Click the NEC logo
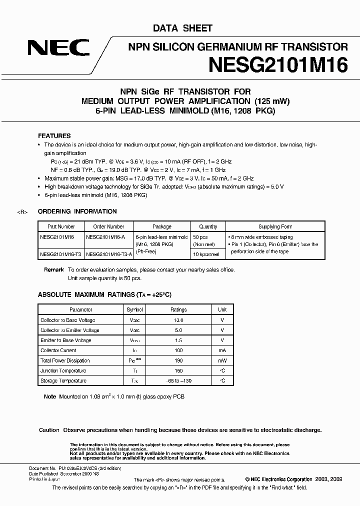[59, 48]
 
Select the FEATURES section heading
[54, 136]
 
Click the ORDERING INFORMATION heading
[77, 211]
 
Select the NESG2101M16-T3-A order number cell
[109, 254]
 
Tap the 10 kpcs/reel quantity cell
[205, 254]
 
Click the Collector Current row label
[58, 350]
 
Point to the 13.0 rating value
[178, 320]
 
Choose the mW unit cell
[222, 360]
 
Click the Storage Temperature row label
[63, 381]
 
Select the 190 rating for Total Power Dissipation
[178, 360]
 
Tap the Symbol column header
[134, 310]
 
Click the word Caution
[49, 430]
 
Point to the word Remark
[54, 270]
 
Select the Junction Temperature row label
[63, 370]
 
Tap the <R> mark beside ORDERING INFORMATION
[22, 212]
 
